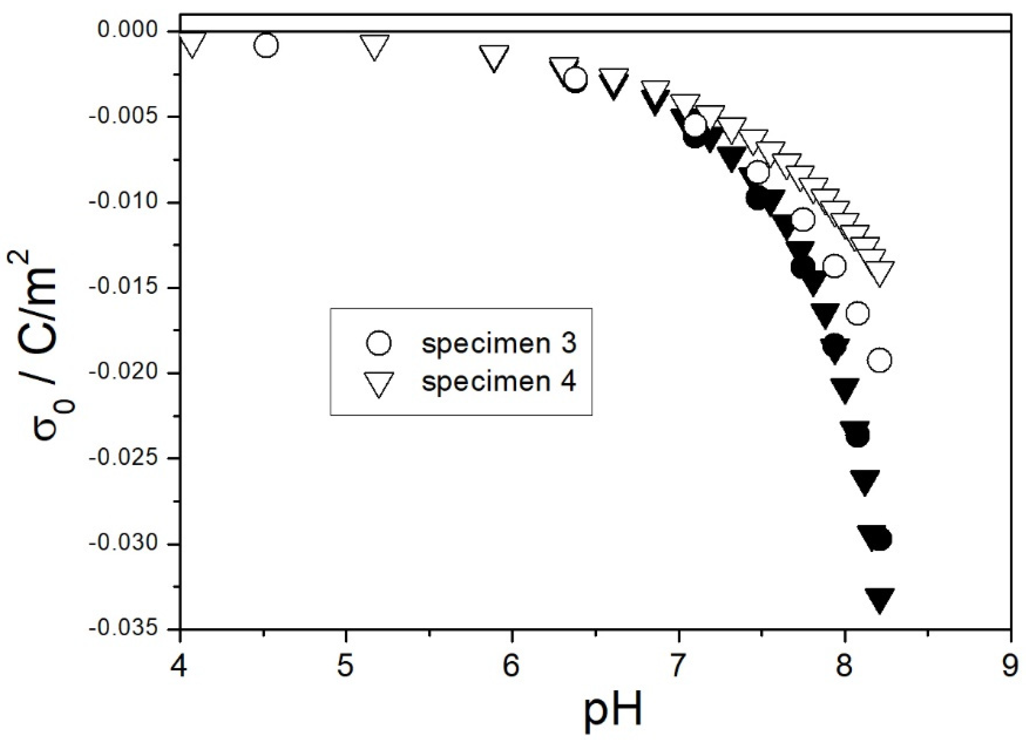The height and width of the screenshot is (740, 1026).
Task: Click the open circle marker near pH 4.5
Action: click(266, 45)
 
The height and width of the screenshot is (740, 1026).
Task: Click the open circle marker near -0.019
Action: click(879, 360)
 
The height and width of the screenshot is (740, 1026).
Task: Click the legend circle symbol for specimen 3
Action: click(379, 343)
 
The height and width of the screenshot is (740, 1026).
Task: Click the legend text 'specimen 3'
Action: click(499, 344)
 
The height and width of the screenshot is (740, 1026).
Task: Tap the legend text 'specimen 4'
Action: click(499, 382)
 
